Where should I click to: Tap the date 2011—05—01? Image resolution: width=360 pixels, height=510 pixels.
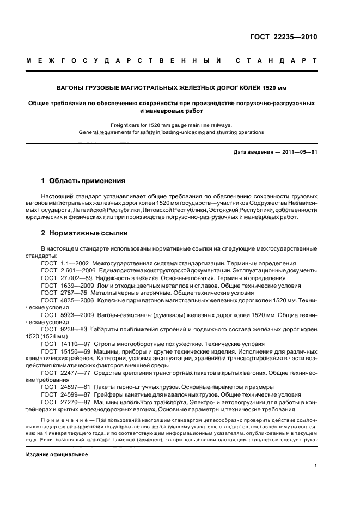point(298,152)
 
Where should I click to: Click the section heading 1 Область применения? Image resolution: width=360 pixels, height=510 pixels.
point(83,180)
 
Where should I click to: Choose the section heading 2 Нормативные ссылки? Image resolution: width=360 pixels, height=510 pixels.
point(85,233)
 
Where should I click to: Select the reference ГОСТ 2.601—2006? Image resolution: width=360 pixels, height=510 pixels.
point(64,270)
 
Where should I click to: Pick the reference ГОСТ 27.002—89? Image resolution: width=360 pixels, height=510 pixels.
point(64,277)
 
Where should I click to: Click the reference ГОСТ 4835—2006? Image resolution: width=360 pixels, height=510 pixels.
point(64,300)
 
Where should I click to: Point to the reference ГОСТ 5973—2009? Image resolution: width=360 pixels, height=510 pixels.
point(64,314)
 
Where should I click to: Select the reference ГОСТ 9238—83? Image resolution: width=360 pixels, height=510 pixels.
point(62,329)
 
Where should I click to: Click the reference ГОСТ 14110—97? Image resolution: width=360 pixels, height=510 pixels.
point(64,344)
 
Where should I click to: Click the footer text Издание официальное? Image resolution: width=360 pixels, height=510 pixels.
point(56,454)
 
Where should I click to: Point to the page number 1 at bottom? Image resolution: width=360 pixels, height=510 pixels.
point(316,466)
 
